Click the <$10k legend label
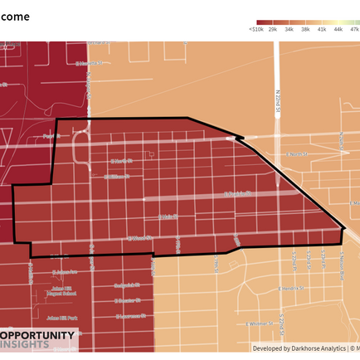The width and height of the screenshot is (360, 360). [x=255, y=29]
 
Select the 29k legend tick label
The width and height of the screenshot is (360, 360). [x=272, y=29]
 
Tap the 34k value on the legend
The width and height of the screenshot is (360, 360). [x=289, y=29]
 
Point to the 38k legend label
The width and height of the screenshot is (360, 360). [x=305, y=29]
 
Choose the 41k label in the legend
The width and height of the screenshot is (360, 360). [x=321, y=29]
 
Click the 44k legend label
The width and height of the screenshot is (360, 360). [x=338, y=29]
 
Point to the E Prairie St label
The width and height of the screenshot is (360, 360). [x=124, y=161]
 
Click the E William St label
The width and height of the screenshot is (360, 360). [x=116, y=177]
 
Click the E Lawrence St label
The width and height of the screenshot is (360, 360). [x=129, y=316]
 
